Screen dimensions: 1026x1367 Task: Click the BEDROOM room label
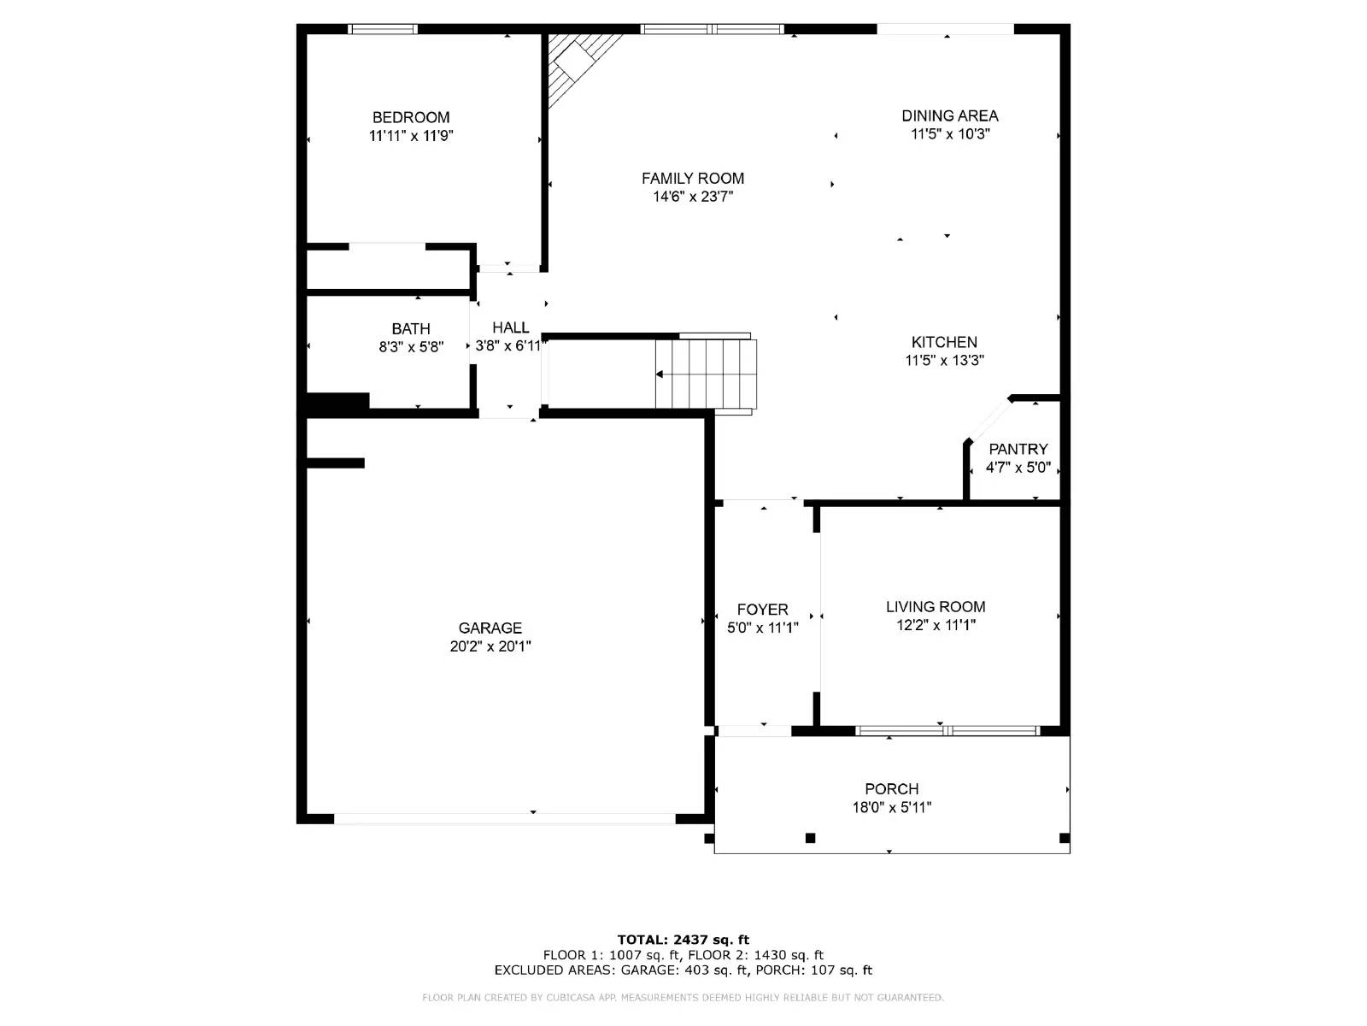coord(411,117)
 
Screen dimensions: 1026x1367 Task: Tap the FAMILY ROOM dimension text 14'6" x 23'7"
coord(693,197)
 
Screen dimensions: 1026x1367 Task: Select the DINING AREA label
coord(949,115)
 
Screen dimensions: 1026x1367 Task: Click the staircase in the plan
coord(706,374)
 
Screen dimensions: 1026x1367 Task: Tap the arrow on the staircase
coord(660,374)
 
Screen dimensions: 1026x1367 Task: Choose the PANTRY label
coord(1018,449)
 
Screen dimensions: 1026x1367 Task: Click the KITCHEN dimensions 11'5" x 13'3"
coord(944,361)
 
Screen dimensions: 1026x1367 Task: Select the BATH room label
coord(411,328)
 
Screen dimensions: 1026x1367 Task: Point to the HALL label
coord(510,327)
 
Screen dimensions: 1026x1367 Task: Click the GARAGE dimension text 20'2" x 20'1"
coord(490,646)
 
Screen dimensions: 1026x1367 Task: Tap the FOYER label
coord(762,610)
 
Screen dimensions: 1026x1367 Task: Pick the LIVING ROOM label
coord(936,607)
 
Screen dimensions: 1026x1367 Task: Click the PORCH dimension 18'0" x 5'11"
coord(891,807)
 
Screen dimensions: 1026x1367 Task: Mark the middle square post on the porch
coord(810,838)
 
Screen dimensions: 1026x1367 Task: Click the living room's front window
coord(948,731)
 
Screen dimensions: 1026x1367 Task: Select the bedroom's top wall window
coord(383,29)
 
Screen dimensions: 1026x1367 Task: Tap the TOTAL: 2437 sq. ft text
coord(683,940)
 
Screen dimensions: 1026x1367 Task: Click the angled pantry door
coord(989,421)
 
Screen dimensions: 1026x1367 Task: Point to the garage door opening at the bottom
coord(504,819)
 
